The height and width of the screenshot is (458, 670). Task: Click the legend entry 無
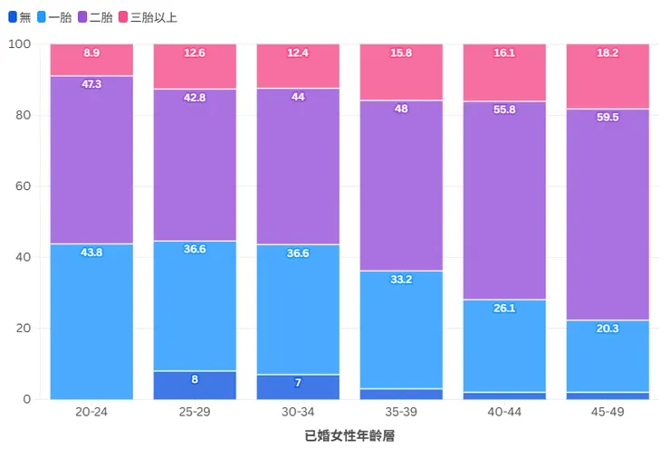pyautogui.click(x=19, y=17)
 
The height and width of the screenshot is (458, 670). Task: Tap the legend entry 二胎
pyautogui.click(x=95, y=17)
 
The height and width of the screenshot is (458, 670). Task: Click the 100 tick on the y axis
pyautogui.click(x=20, y=44)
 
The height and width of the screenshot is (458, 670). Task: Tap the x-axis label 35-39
pyautogui.click(x=401, y=412)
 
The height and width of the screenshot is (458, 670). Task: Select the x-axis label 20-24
pyautogui.click(x=91, y=412)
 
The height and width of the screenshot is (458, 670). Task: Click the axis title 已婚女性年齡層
pyautogui.click(x=349, y=436)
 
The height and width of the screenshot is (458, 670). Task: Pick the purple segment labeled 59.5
pyautogui.click(x=608, y=215)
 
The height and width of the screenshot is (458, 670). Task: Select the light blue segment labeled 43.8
pyautogui.click(x=91, y=321)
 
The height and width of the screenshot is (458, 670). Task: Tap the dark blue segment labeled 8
pyautogui.click(x=195, y=386)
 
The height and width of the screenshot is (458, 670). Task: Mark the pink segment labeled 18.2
pyautogui.click(x=608, y=76)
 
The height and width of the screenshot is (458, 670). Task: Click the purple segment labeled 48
pyautogui.click(x=401, y=186)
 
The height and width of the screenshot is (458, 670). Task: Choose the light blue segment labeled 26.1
pyautogui.click(x=504, y=346)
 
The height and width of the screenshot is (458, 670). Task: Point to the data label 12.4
pyautogui.click(x=298, y=53)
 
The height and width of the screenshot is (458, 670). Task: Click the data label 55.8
pyautogui.click(x=504, y=110)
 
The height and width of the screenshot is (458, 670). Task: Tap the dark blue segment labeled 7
pyautogui.click(x=298, y=387)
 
